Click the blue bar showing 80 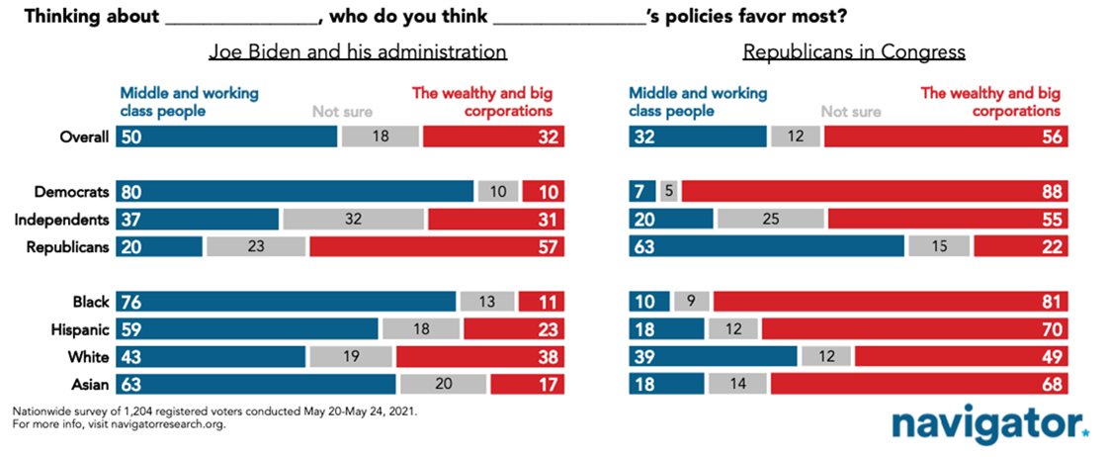point(295,191)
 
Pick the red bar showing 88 point(874,191)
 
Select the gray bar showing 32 point(354,219)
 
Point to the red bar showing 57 point(436,247)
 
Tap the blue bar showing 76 point(286,301)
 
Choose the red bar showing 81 point(890,301)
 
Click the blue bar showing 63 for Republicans point(766,247)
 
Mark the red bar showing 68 point(918,383)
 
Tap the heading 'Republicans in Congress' point(854,52)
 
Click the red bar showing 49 point(961,355)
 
